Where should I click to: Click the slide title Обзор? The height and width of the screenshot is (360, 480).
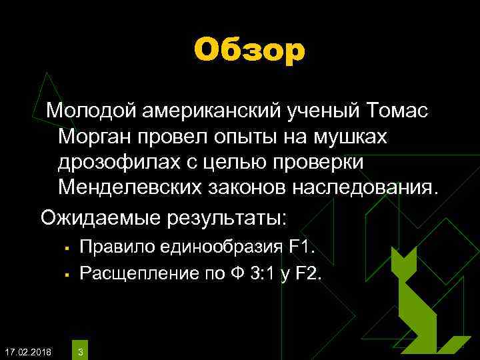point(249,51)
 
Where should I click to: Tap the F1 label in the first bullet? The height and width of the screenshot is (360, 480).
point(301,247)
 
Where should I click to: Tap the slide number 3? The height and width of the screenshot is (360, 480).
point(81,351)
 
